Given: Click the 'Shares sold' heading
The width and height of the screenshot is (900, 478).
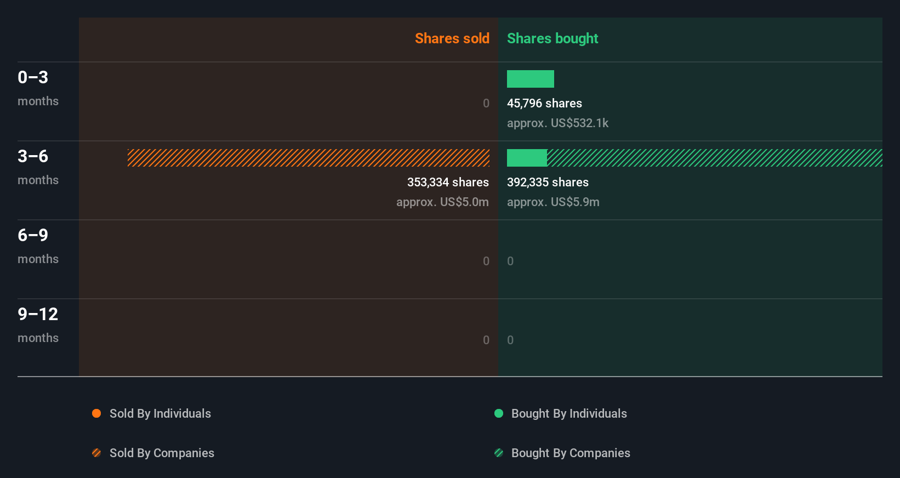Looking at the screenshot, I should point(452,38).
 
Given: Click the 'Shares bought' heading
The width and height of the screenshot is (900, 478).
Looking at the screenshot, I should point(552,38).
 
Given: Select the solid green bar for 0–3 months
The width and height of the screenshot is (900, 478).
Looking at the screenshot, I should point(530,79).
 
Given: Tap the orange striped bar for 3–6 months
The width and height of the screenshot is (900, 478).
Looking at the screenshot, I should point(308,158).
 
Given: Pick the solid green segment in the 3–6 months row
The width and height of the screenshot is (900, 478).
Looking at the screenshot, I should point(527,158).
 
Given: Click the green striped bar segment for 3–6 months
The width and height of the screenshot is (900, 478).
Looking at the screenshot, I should point(714,158).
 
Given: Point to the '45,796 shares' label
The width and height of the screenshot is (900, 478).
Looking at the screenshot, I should point(544,103).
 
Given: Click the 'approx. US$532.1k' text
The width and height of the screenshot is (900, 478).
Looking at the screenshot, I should point(557,123).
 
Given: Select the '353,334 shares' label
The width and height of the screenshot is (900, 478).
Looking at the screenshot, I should point(448,182).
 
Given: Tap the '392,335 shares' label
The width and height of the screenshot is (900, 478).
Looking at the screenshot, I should point(548,182).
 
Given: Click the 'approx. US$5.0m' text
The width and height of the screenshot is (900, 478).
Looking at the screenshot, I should point(442,202).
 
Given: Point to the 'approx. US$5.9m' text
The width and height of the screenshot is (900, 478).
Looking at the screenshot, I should point(553,202).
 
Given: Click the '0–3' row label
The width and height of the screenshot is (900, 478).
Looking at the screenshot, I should point(33,77).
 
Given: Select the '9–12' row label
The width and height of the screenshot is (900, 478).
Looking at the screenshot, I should point(38,314).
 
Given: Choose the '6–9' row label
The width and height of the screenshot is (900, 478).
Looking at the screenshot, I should point(33,235).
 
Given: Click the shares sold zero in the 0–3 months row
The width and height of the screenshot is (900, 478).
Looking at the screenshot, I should point(486,103).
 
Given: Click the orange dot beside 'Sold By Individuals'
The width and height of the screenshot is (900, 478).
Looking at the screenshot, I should point(96,413).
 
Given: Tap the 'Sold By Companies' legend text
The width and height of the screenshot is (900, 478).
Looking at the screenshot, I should point(162,453).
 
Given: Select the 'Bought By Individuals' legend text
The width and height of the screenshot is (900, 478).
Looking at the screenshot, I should point(569,413).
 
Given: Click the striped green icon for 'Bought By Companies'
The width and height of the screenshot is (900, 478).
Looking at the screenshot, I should point(499,453).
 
